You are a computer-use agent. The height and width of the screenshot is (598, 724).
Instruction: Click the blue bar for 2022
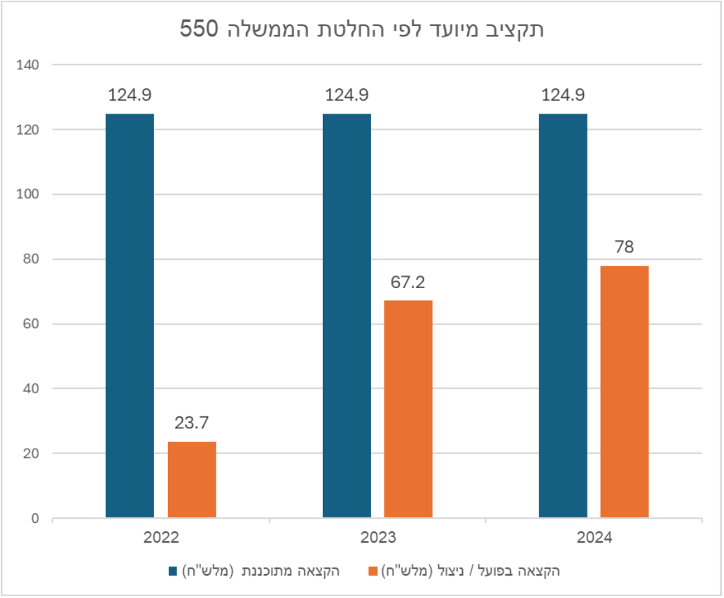(x=130, y=315)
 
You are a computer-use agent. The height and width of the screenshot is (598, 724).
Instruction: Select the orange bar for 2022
(x=192, y=480)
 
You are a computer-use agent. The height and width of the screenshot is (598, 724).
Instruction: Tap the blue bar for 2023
(x=347, y=315)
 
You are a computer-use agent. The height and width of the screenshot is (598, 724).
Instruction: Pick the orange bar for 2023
(x=408, y=409)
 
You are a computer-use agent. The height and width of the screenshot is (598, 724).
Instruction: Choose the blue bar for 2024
(x=563, y=315)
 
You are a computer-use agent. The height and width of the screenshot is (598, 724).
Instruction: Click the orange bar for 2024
(x=625, y=392)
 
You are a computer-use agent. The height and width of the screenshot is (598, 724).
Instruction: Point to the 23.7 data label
(x=191, y=423)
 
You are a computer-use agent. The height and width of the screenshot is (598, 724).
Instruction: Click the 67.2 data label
(x=408, y=283)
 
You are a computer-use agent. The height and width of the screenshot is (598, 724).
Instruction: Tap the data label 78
(x=625, y=247)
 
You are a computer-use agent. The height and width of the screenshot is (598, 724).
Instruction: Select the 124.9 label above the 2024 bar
(x=563, y=95)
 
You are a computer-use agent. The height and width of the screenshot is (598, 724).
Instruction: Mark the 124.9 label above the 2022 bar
(x=130, y=95)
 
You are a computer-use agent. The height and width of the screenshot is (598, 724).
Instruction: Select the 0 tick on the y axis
(x=36, y=519)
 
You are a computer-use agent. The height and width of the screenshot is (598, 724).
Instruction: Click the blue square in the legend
(x=173, y=571)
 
